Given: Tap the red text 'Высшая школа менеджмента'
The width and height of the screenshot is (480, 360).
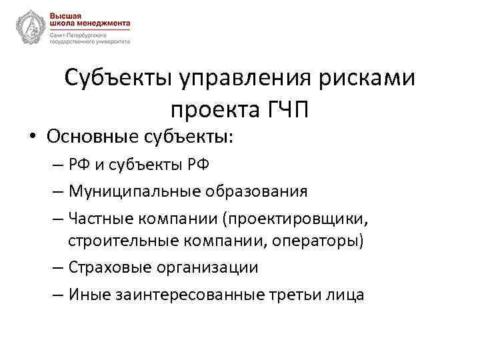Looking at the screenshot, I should (x=89, y=18).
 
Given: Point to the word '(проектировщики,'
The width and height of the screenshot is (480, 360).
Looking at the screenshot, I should (x=296, y=218).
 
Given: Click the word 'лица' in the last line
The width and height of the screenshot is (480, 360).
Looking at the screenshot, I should (x=347, y=293).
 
